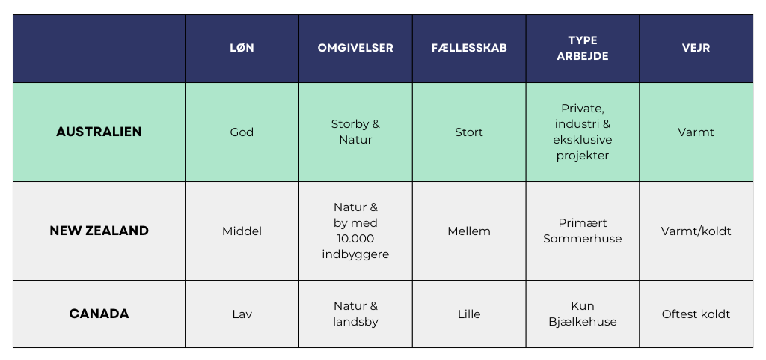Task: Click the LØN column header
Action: click(x=242, y=48)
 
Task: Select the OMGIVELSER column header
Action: click(x=355, y=48)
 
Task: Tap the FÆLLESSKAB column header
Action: click(x=469, y=48)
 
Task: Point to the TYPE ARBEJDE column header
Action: click(x=582, y=48)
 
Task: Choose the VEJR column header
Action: click(x=696, y=48)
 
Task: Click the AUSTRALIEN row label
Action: click(x=99, y=132)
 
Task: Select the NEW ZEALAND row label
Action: click(x=99, y=231)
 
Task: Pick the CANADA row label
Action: click(x=99, y=314)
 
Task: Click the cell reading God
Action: click(x=242, y=132)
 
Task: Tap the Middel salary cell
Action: click(x=242, y=231)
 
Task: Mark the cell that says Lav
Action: click(x=242, y=314)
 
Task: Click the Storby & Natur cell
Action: click(x=355, y=132)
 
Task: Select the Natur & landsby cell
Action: click(x=355, y=314)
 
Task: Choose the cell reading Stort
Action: click(x=469, y=132)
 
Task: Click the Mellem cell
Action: click(x=469, y=231)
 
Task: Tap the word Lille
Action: click(x=469, y=314)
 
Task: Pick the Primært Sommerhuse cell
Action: click(x=582, y=231)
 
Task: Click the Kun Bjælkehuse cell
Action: click(x=582, y=314)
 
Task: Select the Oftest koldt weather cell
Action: click(x=696, y=314)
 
